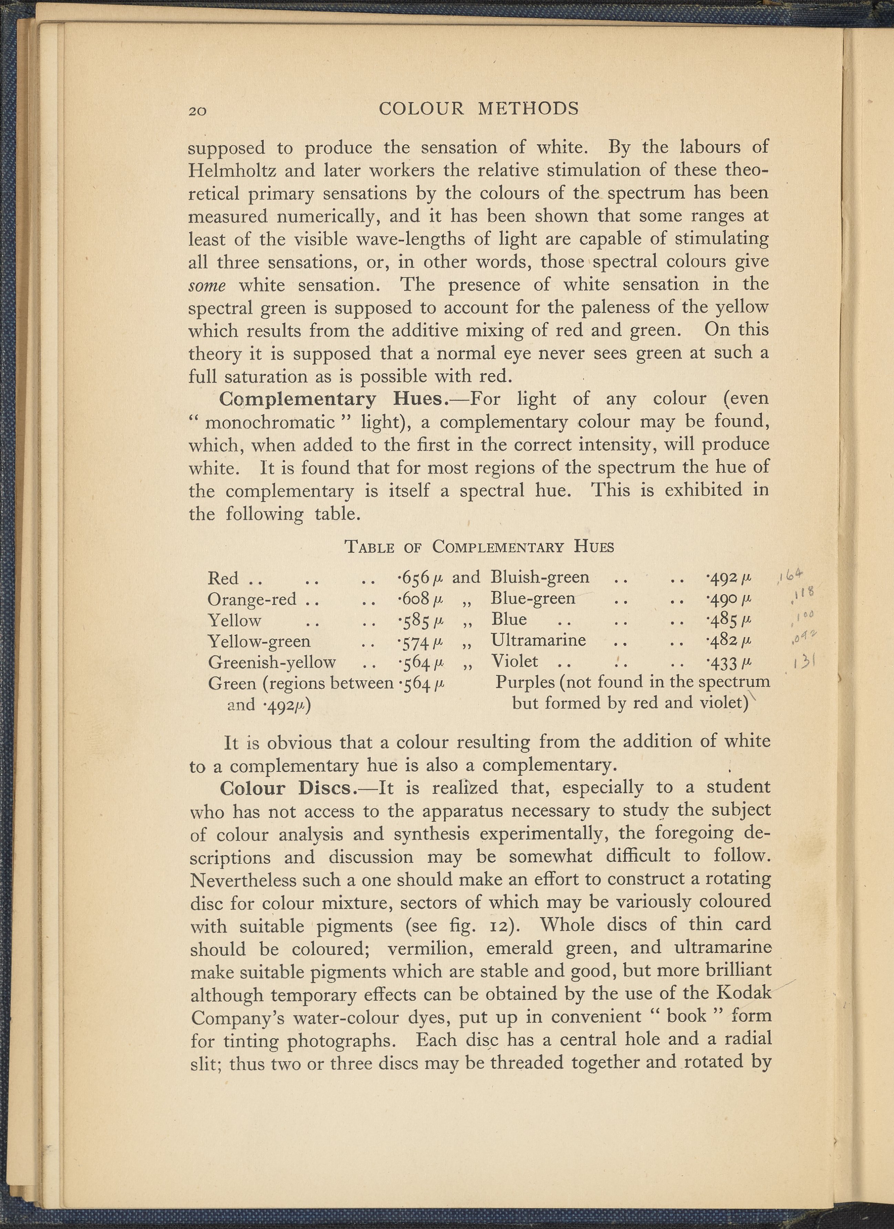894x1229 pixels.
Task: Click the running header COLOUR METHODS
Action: tap(478, 109)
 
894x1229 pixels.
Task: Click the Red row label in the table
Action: tap(223, 578)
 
